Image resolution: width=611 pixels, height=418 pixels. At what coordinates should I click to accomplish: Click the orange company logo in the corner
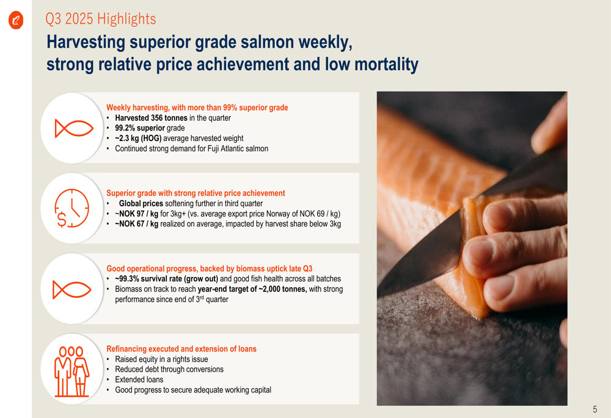click(x=16, y=20)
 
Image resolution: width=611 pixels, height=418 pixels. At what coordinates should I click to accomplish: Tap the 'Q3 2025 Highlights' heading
click(x=101, y=19)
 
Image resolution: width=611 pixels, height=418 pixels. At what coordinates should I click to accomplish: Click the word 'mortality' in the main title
click(x=387, y=64)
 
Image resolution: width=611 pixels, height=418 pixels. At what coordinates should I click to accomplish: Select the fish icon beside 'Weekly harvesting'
click(x=74, y=128)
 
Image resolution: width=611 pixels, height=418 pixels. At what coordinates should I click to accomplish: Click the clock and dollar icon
click(x=71, y=208)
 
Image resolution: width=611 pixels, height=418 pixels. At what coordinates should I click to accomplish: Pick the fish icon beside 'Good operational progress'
click(x=72, y=290)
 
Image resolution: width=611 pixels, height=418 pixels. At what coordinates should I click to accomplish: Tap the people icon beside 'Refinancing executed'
click(x=71, y=371)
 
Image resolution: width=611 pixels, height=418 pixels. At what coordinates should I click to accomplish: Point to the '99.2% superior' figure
click(x=140, y=128)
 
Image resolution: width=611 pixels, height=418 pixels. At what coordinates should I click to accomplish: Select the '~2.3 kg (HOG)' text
click(x=138, y=138)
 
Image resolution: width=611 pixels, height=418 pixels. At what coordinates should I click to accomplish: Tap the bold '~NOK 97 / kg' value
click(x=136, y=214)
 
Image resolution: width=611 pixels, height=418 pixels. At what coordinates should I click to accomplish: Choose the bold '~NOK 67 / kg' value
click(x=136, y=224)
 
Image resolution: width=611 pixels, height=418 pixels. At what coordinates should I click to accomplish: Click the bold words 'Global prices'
click(x=141, y=204)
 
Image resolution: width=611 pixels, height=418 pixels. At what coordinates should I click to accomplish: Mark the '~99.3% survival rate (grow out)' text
click(x=166, y=279)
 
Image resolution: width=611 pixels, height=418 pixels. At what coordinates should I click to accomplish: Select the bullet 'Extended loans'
click(x=139, y=380)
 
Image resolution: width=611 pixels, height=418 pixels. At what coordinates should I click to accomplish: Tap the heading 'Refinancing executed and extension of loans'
click(x=181, y=348)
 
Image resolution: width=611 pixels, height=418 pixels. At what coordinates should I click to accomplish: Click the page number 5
click(x=595, y=409)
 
